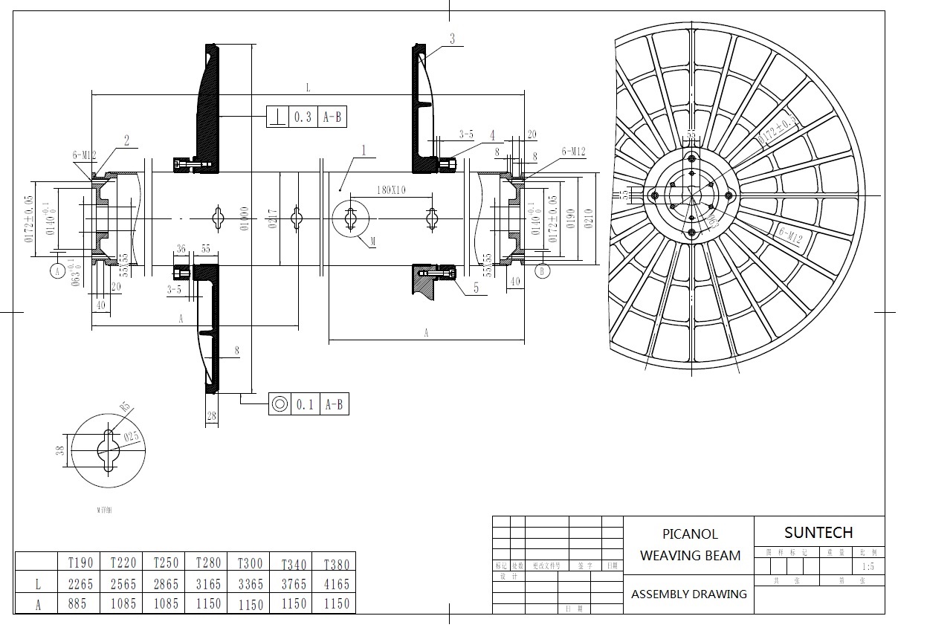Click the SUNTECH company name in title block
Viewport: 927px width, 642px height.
coord(818,532)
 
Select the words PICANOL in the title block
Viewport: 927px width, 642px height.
coord(690,534)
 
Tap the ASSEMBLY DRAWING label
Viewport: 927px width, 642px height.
coord(689,594)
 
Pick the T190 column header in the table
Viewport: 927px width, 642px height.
coord(81,562)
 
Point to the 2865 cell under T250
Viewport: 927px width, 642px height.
coord(166,584)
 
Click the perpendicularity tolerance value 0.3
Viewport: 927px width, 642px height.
coord(303,117)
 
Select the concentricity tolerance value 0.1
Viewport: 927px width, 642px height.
coord(304,404)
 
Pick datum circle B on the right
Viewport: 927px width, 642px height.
coord(543,271)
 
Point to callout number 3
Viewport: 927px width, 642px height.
coord(452,39)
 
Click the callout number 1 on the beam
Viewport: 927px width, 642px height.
coord(364,150)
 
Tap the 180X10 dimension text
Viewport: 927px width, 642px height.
coord(391,189)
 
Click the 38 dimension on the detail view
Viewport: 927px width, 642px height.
coord(60,450)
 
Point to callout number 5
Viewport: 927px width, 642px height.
coord(477,288)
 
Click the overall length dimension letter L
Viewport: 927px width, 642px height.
coord(307,88)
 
